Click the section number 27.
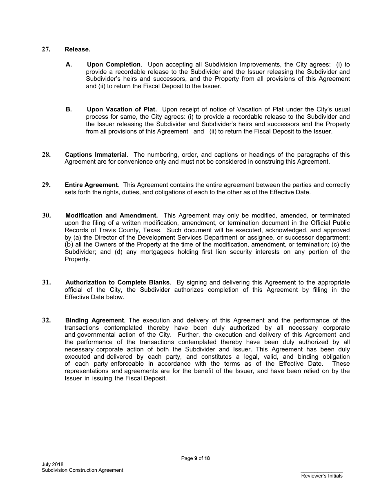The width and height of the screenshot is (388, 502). [x=46, y=49]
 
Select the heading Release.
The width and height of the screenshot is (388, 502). [x=78, y=49]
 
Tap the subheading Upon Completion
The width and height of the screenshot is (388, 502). [x=114, y=64]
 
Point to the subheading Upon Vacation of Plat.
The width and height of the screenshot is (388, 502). [x=122, y=109]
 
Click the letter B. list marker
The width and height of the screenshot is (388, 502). [x=69, y=109]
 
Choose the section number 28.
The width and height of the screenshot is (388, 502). [x=46, y=155]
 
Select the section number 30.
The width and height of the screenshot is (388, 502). [x=46, y=215]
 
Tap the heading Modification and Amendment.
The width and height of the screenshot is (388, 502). [x=111, y=215]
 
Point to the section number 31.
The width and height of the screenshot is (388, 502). [x=46, y=282]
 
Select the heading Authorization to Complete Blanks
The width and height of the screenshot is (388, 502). [x=117, y=282]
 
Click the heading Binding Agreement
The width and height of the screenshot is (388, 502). [x=94, y=320]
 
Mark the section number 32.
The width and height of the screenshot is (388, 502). [x=46, y=320]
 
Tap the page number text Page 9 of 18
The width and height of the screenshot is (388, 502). [x=196, y=458]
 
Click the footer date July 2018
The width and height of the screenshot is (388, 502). [x=52, y=464]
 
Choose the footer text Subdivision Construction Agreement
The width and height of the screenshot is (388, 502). [x=82, y=470]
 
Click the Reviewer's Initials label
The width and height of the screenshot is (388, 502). [x=322, y=476]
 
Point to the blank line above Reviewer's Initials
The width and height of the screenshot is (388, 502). [x=322, y=472]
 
